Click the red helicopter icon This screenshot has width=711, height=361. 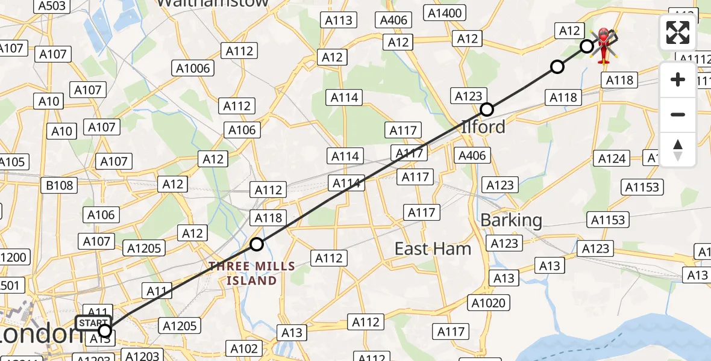click(x=603, y=44)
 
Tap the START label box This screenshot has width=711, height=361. click(x=93, y=323)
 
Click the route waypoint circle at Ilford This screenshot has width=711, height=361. click(x=487, y=110)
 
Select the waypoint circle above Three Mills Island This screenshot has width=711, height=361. click(x=257, y=244)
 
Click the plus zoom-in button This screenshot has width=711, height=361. click(x=678, y=79)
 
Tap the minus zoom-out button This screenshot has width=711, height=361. click(x=678, y=114)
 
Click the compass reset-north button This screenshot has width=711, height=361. click(x=678, y=149)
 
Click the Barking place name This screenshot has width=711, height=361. click(x=511, y=220)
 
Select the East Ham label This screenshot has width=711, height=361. click(x=433, y=248)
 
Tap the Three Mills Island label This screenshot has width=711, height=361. click(x=252, y=273)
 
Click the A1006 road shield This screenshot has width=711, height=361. click(x=193, y=68)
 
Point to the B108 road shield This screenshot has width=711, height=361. click(x=60, y=185)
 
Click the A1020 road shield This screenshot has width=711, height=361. click(x=488, y=303)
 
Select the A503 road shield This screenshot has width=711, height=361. click(x=52, y=6)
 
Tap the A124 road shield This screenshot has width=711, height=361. click(x=612, y=159)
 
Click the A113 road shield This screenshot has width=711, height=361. click(x=338, y=20)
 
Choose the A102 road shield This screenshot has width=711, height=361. click(x=244, y=348)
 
